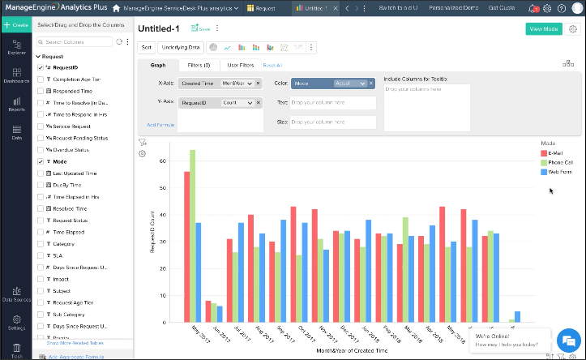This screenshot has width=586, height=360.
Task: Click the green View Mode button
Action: click(543, 28)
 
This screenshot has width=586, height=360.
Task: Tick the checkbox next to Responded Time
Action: click(41, 92)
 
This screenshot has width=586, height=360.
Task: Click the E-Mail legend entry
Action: click(555, 152)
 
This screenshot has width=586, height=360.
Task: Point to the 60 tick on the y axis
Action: click(162, 161)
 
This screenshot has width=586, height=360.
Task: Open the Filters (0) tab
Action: click(199, 65)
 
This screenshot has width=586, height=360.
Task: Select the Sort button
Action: click(147, 47)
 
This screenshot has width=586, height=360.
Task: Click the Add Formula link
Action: click(160, 124)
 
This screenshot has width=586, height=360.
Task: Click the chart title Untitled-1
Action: click(159, 28)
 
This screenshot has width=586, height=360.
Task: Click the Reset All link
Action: click(272, 65)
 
